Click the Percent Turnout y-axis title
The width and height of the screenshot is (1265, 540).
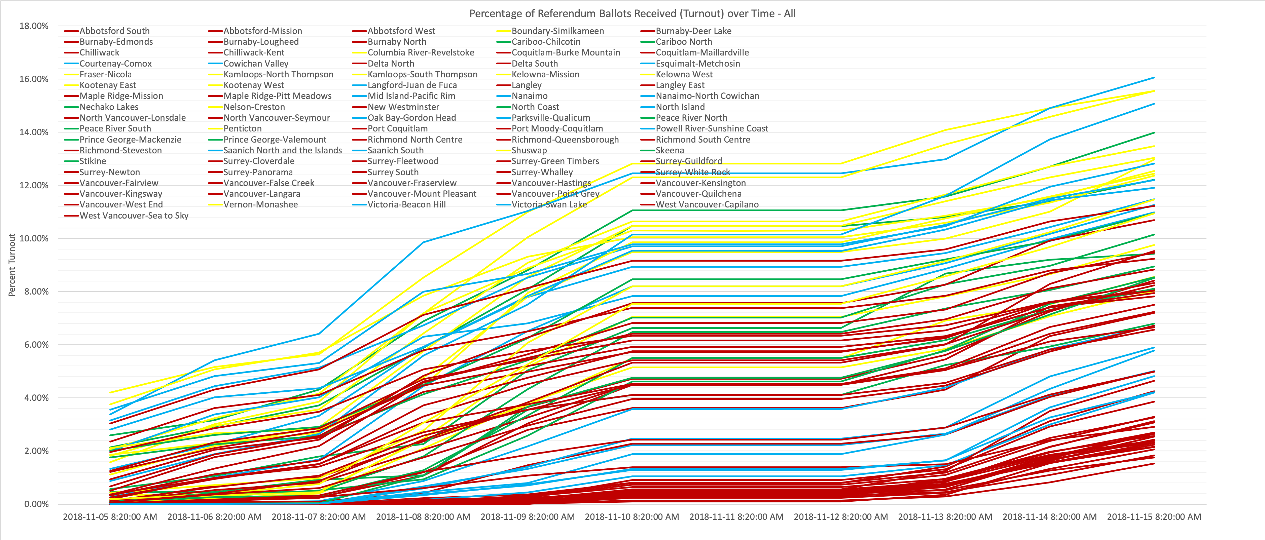(x=12, y=265)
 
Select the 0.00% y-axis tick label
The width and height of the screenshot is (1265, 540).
(x=36, y=504)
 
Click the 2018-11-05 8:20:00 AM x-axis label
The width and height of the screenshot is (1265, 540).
(x=110, y=517)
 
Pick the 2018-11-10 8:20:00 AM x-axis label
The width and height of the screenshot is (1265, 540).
(x=632, y=517)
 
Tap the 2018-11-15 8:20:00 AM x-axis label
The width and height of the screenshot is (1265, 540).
(x=1154, y=517)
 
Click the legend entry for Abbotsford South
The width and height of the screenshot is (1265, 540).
(x=107, y=31)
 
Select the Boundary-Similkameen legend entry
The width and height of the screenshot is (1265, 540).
(x=550, y=31)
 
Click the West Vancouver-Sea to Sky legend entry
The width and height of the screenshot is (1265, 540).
(x=126, y=216)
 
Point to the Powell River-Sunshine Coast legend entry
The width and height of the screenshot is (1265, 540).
(x=705, y=129)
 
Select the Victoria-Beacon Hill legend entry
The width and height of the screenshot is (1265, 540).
(x=399, y=205)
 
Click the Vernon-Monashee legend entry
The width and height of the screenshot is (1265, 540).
(x=253, y=205)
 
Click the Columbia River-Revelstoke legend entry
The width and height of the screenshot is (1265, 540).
(x=413, y=52)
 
